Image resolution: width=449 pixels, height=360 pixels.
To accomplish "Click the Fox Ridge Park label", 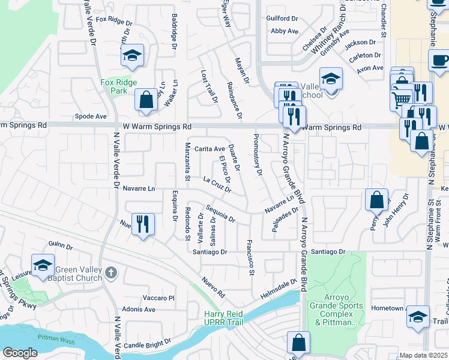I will [x=118, y=86].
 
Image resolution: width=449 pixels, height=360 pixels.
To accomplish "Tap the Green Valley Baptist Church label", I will [x=78, y=273].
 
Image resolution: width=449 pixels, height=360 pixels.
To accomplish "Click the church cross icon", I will [x=110, y=274].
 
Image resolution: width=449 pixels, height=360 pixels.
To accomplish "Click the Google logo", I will [x=20, y=353].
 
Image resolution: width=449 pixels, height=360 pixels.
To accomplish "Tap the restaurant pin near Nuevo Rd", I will [x=143, y=225].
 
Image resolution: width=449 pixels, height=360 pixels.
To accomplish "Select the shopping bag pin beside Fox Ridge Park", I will [x=146, y=100].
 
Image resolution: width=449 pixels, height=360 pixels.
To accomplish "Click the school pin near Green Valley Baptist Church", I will [x=43, y=265].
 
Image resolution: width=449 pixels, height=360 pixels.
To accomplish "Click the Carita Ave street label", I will [x=209, y=149].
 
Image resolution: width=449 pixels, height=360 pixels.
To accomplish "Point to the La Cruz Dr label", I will [x=217, y=184].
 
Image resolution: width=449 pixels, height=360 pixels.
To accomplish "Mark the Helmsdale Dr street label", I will [x=279, y=289].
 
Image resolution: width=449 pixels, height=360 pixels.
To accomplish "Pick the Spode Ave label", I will [x=90, y=116].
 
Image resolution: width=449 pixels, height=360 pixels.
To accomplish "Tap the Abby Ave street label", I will [x=285, y=31].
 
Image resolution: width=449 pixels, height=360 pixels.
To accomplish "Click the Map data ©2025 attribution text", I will [x=423, y=355].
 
